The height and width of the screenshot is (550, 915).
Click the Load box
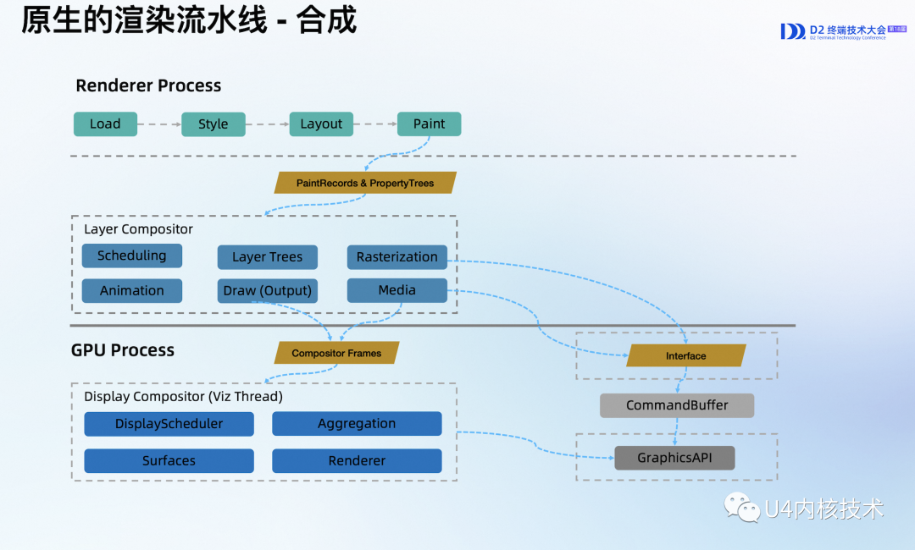105,124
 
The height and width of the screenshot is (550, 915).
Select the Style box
213,124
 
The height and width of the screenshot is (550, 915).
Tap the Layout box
321,124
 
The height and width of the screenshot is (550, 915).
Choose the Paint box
429,124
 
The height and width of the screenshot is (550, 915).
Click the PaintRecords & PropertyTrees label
365,183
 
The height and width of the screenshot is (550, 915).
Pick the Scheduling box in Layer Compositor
131,256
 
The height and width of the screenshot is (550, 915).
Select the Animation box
131,290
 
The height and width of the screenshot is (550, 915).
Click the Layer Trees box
267,256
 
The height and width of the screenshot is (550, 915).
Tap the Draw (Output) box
267,290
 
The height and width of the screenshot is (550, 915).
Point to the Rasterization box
396,256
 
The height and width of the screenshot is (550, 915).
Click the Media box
396,290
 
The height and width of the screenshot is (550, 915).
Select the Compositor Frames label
336,353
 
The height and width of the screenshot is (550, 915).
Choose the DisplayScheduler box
169,424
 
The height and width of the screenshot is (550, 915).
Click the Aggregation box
357,424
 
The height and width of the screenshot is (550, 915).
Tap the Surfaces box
169,460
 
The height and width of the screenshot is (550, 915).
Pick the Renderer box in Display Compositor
357,460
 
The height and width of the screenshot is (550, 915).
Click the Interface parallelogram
685,355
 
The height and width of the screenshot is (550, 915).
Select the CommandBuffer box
677,405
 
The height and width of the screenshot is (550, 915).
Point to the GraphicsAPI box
674,458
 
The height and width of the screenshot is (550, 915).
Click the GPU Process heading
123,350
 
